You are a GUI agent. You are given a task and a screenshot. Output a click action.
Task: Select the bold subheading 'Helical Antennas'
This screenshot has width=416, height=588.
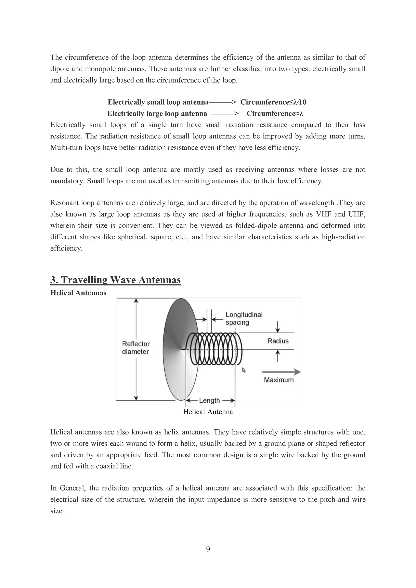coord(78,293)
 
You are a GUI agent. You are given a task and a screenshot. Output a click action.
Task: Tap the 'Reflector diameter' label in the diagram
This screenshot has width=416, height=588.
coord(136,348)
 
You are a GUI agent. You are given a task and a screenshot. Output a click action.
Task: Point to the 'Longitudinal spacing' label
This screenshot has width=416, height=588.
coord(244,318)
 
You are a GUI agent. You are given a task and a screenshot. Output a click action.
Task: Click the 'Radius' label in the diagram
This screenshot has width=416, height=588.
coord(278,341)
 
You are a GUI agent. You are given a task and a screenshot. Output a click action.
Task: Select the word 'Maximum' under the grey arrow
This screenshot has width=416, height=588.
coord(279,380)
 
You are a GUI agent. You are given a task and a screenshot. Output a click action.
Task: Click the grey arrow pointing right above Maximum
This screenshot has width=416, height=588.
coord(281,372)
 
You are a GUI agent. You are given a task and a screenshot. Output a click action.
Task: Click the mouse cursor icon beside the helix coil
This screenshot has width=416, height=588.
coord(244,370)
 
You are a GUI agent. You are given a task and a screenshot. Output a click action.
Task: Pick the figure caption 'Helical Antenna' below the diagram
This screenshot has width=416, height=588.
coord(208,412)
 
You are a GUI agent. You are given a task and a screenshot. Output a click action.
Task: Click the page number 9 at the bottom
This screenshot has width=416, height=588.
coord(208,549)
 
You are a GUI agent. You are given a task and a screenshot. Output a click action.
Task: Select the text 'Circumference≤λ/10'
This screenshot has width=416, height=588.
coord(273,102)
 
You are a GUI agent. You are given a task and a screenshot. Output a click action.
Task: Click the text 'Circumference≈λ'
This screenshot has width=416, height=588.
coord(275,113)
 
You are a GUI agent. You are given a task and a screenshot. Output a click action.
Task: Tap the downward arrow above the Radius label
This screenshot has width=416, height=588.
coord(278,326)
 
